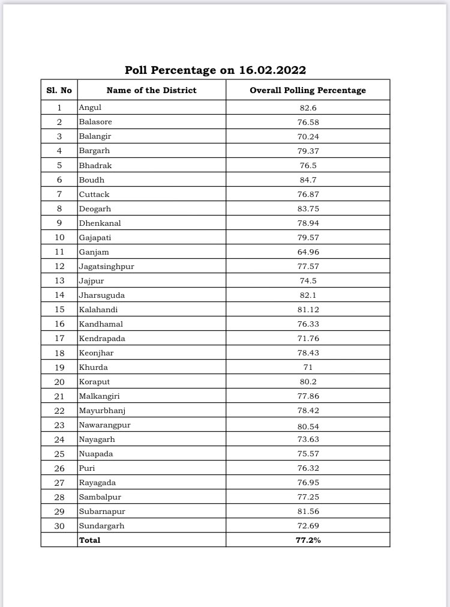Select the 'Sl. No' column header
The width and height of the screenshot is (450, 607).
(59, 90)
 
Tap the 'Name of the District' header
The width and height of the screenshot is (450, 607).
(151, 90)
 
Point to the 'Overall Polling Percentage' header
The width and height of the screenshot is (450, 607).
(308, 90)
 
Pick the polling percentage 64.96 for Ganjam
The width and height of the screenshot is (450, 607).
(308, 252)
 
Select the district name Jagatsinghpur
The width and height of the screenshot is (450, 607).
(106, 266)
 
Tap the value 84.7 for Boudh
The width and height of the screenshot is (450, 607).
(308, 180)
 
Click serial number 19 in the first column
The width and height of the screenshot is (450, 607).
(59, 367)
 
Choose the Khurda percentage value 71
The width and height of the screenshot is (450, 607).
(308, 367)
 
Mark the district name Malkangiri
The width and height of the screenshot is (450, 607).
(101, 396)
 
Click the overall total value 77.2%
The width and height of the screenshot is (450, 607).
(308, 540)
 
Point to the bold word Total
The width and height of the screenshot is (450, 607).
(90, 540)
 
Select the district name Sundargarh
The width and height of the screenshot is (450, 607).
(102, 525)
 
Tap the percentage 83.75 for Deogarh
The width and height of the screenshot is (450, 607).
(308, 208)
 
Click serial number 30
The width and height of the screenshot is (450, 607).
(59, 525)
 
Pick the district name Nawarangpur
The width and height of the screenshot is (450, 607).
(104, 424)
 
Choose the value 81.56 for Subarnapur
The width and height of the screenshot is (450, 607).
(308, 511)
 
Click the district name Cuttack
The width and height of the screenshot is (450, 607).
(94, 194)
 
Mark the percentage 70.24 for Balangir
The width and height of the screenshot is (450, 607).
(308, 136)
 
